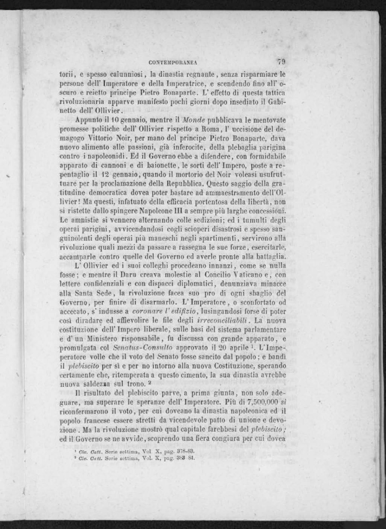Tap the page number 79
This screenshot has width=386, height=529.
[x=281, y=62]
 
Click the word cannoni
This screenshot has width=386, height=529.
[x=116, y=165]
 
